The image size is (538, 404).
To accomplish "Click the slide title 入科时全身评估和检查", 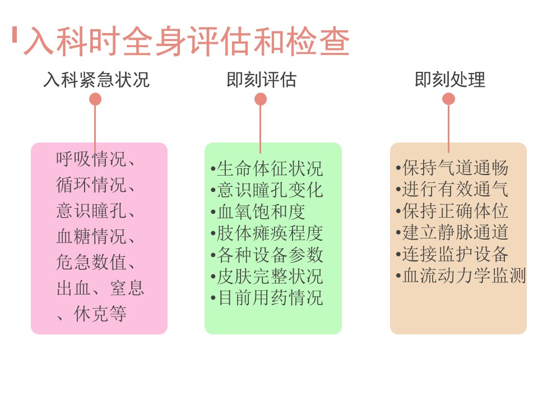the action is click(186, 41).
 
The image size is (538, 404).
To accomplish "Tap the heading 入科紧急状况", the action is click(96, 80).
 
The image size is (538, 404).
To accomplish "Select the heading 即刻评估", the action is click(261, 80).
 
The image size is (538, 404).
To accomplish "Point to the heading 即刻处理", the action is click(450, 80).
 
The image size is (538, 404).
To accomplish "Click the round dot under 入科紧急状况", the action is click(95, 100).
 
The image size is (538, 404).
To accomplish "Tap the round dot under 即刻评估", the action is click(261, 100).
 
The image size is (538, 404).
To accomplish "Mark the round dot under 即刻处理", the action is click(448, 99).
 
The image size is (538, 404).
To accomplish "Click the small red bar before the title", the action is click(15, 35).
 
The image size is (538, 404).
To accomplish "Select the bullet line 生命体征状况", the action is click(267, 168).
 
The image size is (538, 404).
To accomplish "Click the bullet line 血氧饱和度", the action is click(258, 212).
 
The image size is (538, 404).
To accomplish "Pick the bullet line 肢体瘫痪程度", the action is click(267, 233).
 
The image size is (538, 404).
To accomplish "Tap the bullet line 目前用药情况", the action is click(267, 297).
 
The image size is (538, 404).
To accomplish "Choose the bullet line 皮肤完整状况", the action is click(267, 276).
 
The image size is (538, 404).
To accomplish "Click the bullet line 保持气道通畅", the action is click(452, 168).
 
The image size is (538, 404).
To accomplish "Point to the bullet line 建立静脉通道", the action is click(452, 232).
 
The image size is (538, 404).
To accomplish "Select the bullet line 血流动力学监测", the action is click(461, 275).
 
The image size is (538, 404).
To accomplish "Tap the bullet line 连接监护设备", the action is click(452, 254).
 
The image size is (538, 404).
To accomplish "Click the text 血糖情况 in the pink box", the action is click(91, 236).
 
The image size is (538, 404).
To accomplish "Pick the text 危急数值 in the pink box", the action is click(91, 262).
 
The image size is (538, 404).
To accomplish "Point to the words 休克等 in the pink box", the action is click(100, 314).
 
